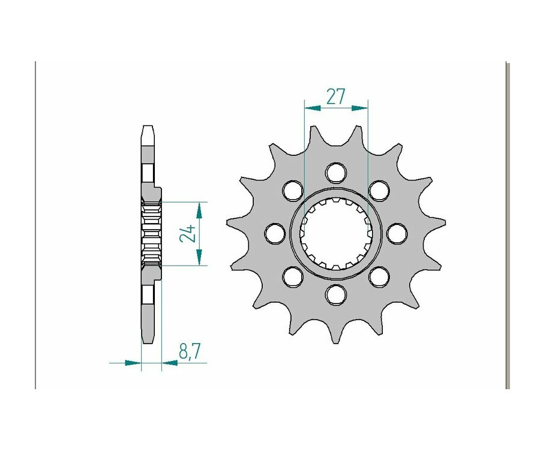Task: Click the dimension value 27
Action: [336, 97]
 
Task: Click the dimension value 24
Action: [187, 233]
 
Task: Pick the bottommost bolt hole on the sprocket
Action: [336, 294]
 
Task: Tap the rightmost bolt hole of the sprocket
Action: [397, 233]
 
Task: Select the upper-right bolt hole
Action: [379, 190]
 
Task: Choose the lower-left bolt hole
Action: [293, 276]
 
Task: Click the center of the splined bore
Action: [336, 233]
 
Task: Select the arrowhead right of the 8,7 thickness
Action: [169, 362]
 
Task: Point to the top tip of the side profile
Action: [148, 127]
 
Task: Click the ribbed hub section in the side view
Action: [151, 233]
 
